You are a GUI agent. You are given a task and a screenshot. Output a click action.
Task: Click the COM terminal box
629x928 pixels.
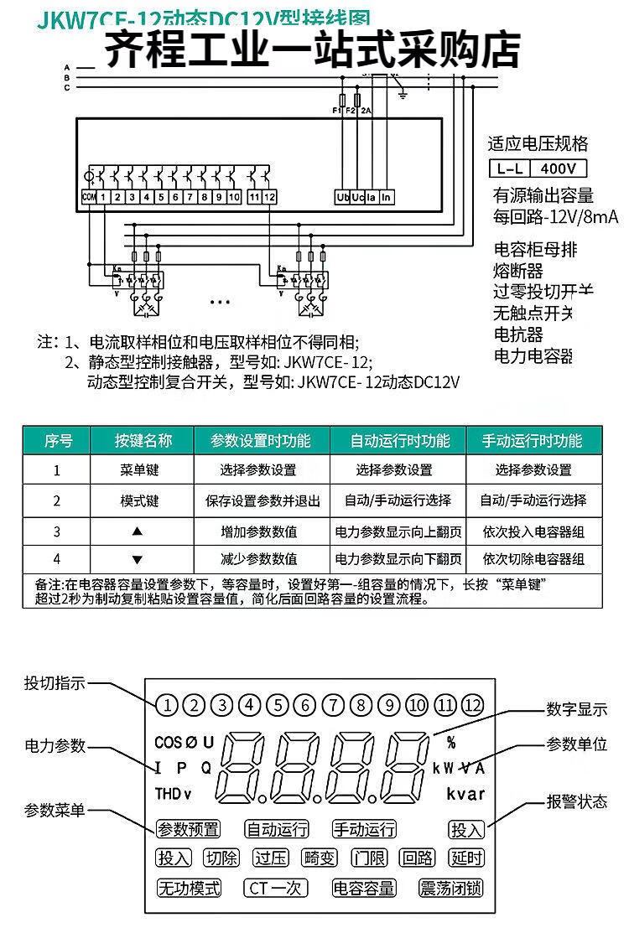coord(88,197)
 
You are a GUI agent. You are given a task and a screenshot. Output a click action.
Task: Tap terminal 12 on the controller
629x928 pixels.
coord(270,197)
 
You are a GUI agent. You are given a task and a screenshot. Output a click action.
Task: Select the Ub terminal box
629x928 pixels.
coord(342,198)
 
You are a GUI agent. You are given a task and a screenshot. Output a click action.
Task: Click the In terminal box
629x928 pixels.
coord(386,198)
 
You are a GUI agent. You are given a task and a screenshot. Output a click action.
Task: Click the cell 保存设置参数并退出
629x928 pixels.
coord(263,500)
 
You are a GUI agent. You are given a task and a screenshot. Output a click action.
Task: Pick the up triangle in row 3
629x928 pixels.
coord(138,531)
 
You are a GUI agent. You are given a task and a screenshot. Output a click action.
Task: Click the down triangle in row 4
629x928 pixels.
coord(138,559)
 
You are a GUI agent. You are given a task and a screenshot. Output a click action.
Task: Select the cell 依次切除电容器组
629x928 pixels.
coord(533,559)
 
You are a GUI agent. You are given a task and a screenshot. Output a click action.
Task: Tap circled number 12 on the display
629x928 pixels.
coord(472,704)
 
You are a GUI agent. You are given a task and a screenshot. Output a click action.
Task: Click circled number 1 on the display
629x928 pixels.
coord(166,704)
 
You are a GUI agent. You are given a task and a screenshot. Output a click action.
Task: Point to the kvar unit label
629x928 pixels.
coord(465,794)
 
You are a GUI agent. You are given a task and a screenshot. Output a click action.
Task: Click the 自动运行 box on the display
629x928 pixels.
coord(277,829)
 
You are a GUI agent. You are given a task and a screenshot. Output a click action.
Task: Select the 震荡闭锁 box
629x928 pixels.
coord(450,888)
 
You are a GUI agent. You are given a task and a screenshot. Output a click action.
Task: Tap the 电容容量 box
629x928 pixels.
coord(364,888)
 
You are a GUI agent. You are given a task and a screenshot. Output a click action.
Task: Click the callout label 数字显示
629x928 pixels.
coord(576,709)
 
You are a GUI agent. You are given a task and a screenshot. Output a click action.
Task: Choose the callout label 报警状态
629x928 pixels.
coord(576,801)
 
